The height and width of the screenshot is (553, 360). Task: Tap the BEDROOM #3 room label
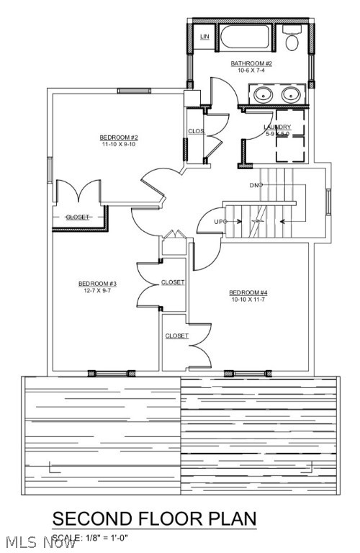[x=97, y=284]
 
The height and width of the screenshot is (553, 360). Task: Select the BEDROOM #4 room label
[x=248, y=292]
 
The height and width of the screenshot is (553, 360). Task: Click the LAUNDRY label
[x=277, y=127]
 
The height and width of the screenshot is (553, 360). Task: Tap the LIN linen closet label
[x=204, y=36]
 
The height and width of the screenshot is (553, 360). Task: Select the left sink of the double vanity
[x=261, y=94]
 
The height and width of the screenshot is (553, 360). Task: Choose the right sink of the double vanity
[x=290, y=94]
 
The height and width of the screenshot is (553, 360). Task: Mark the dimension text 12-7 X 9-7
[x=97, y=291]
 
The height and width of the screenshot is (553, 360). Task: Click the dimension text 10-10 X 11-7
[x=248, y=299]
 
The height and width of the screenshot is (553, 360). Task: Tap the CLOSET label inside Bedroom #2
[x=77, y=217]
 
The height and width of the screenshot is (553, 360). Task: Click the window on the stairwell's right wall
[x=328, y=201]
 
